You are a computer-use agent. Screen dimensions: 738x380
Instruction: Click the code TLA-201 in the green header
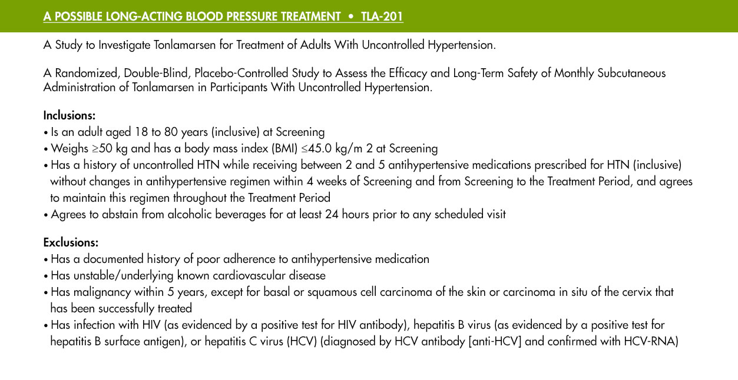pyautogui.click(x=382, y=16)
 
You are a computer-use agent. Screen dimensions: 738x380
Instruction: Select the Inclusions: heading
pyautogui.click(x=69, y=115)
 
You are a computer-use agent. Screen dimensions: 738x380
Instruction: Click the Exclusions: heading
pyautogui.click(x=71, y=242)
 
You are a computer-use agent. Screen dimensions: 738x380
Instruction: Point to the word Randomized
pyautogui.click(x=87, y=73)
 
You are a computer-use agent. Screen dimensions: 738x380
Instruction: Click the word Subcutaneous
pyautogui.click(x=631, y=73)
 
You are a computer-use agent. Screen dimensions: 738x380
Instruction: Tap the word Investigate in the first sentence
pyautogui.click(x=124, y=45)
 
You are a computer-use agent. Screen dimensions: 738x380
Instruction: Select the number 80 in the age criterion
pyautogui.click(x=171, y=132)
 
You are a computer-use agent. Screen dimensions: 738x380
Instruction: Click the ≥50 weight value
pyautogui.click(x=102, y=148)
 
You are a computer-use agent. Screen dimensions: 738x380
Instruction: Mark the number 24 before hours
pyautogui.click(x=332, y=215)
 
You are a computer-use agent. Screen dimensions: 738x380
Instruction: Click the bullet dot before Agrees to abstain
pyautogui.click(x=46, y=215)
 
